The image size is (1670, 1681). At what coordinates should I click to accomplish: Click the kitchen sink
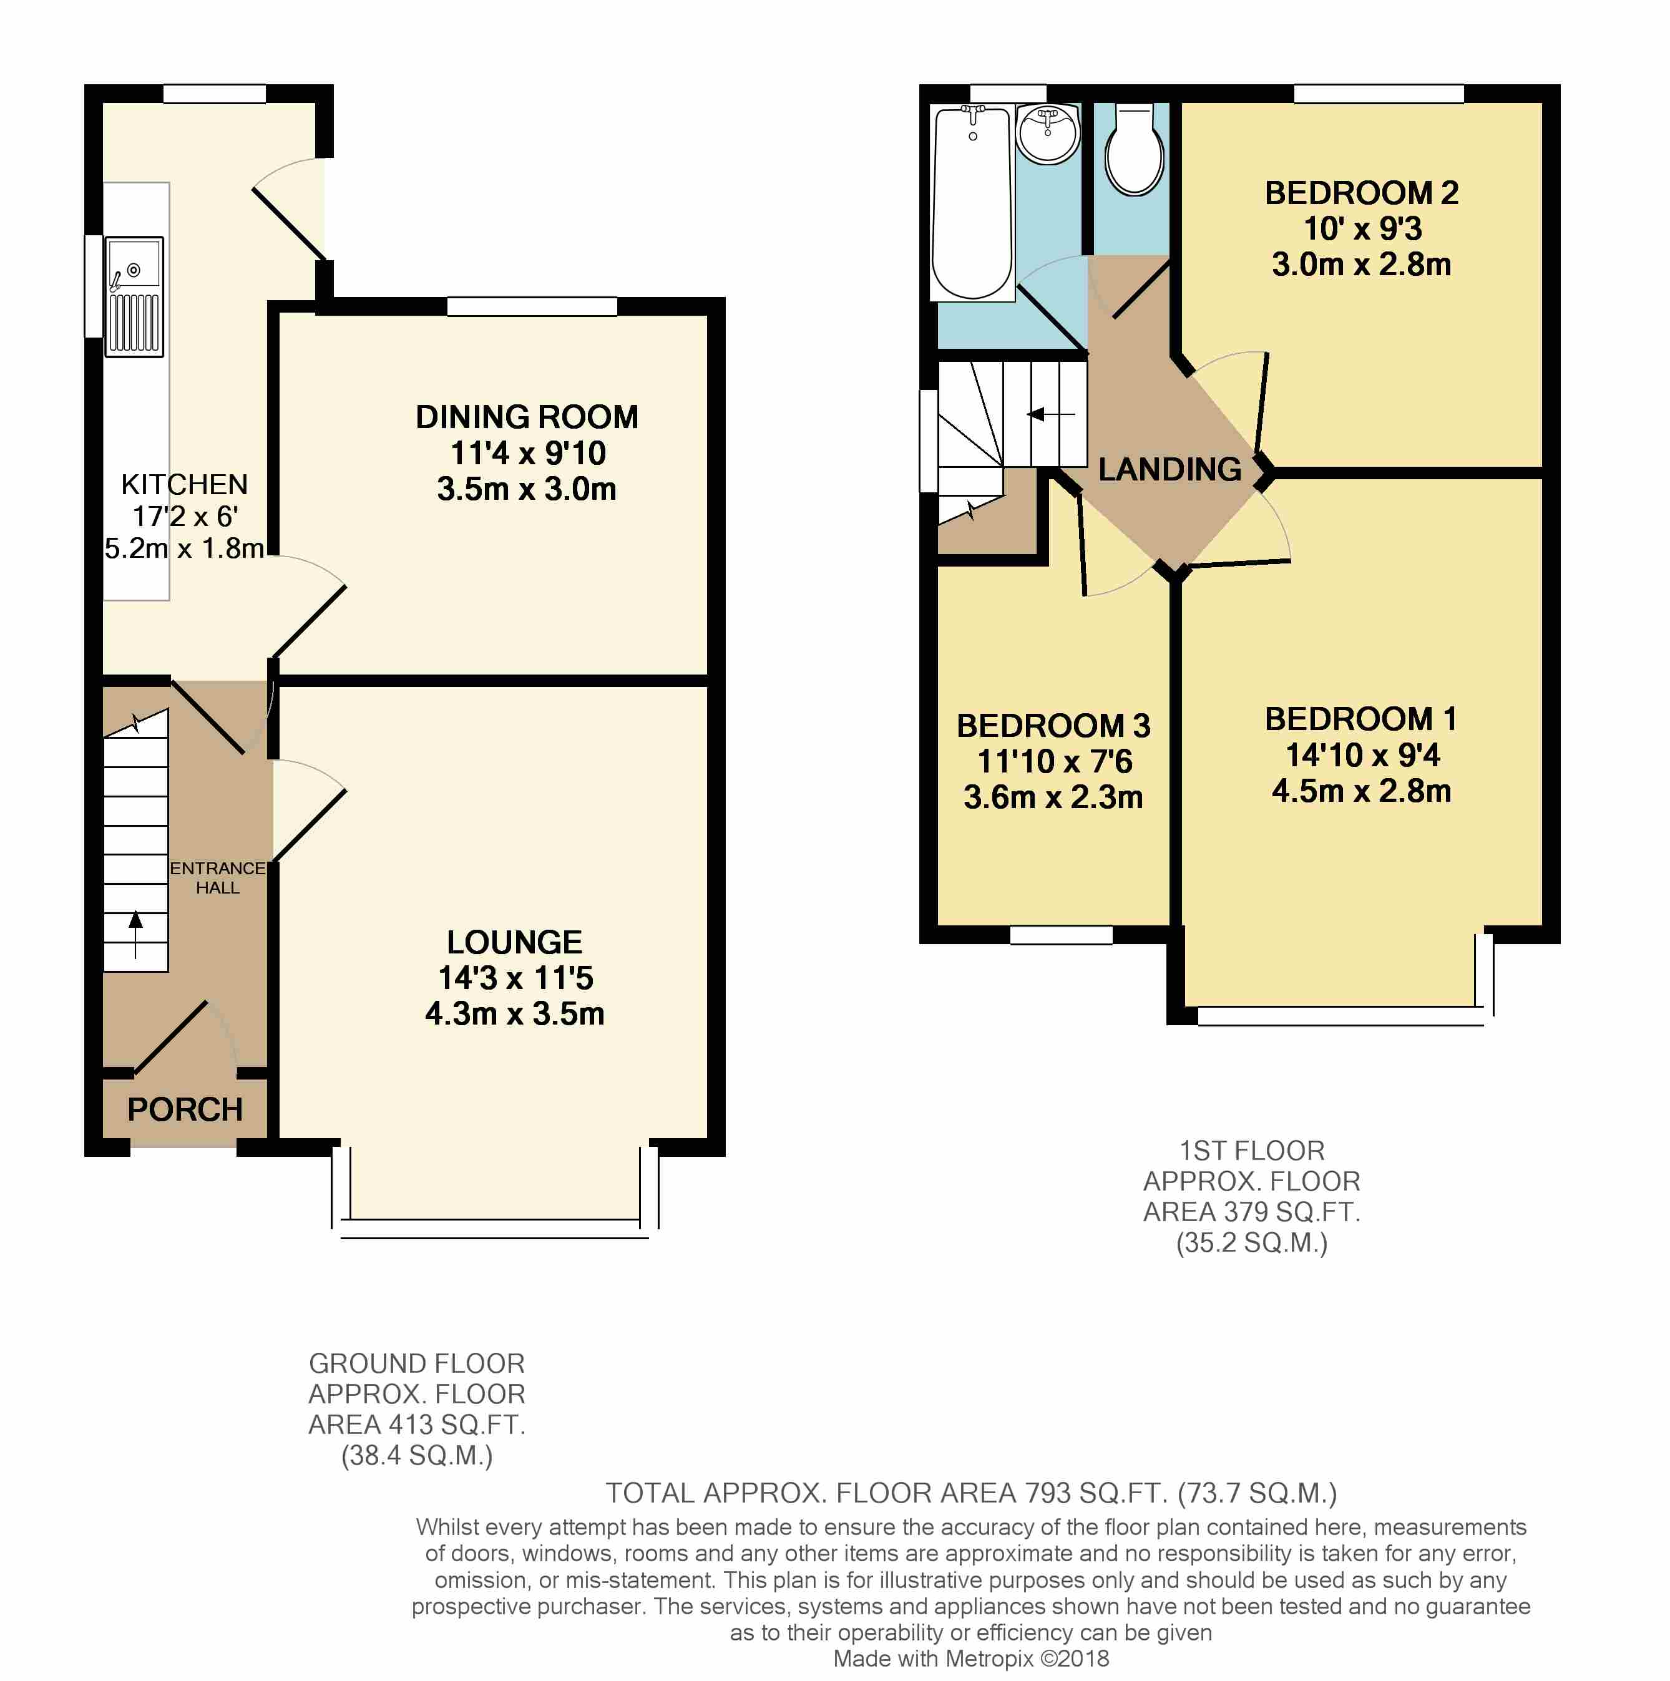[134, 296]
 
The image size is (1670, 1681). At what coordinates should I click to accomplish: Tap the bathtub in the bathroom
[972, 203]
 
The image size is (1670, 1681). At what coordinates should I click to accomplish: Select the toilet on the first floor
[1134, 150]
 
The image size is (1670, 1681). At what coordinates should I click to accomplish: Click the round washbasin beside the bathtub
[1048, 134]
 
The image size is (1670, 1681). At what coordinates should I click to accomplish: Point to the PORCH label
[185, 1109]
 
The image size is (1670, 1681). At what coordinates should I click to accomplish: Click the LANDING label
[1169, 469]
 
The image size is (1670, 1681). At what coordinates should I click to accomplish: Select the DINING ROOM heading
[527, 417]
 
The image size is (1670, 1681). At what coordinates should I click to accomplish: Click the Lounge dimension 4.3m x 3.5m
[514, 1013]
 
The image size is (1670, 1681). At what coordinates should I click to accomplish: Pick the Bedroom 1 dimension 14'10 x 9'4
[1362, 754]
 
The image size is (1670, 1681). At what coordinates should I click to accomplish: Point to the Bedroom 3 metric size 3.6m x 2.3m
[1053, 797]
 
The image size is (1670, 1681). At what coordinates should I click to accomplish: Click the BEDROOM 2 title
[1361, 192]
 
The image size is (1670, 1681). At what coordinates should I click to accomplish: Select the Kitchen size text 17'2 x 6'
[185, 516]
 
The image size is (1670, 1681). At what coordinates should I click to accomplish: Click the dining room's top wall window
[532, 306]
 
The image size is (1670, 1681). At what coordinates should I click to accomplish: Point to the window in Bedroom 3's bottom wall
[1061, 935]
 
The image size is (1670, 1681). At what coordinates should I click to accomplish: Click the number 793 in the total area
[1048, 1493]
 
